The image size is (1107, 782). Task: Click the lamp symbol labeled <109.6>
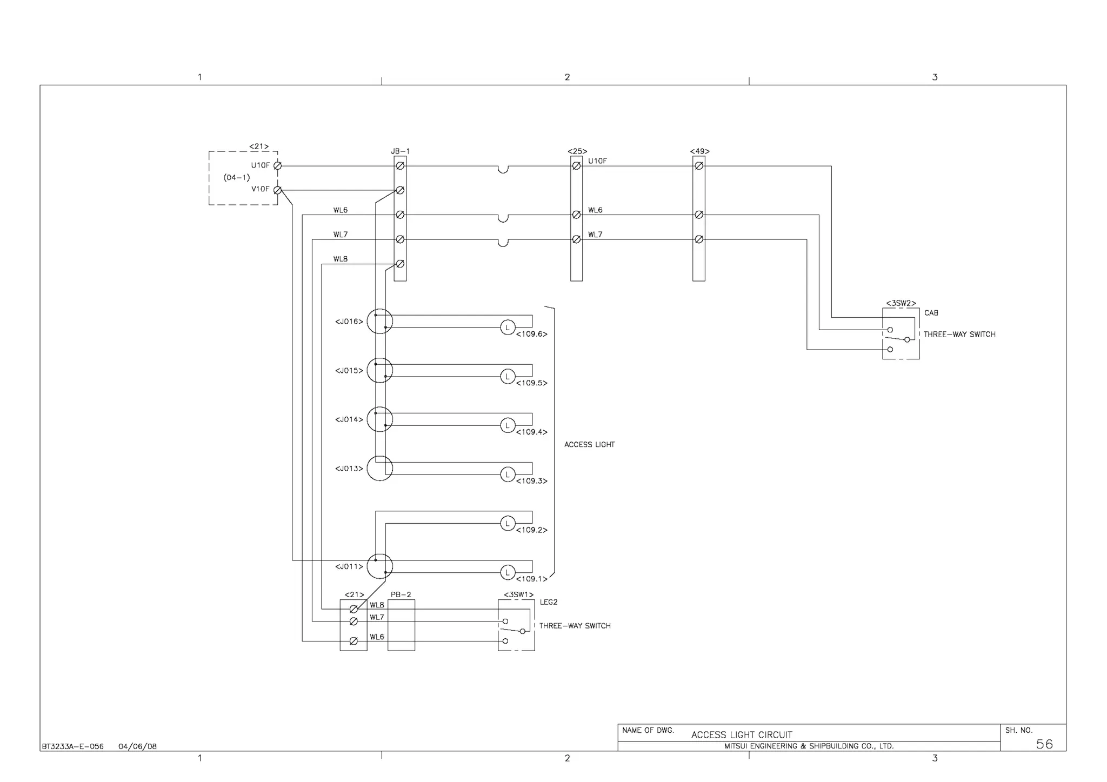(x=508, y=327)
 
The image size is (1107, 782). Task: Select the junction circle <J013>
(x=379, y=469)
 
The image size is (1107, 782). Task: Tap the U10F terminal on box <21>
(x=277, y=166)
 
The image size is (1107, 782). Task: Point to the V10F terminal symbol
(x=277, y=190)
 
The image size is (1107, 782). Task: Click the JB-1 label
(x=400, y=152)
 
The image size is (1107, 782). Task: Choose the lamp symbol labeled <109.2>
(x=508, y=523)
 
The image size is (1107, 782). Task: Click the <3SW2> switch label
(x=901, y=303)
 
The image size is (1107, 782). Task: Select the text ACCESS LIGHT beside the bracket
(x=589, y=445)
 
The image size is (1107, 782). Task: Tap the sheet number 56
(x=1044, y=744)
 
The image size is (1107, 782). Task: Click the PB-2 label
(x=401, y=594)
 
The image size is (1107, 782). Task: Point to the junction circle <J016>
(x=379, y=322)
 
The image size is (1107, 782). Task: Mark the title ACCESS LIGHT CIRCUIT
(x=742, y=735)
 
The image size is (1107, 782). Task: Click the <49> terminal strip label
(x=699, y=151)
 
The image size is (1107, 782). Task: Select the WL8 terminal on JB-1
(x=400, y=264)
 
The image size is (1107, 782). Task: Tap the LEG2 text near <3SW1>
(x=548, y=602)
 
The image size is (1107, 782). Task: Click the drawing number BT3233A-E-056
(x=72, y=747)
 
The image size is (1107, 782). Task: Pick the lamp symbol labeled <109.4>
(x=508, y=425)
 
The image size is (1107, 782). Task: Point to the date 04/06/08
(x=137, y=747)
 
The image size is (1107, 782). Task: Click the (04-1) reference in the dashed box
(x=237, y=178)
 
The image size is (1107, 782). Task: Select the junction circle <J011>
(x=379, y=566)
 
